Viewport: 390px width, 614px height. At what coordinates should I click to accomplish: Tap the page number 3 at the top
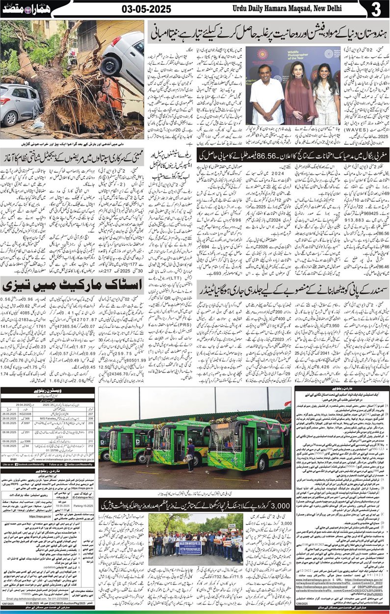(x=376, y=9)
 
